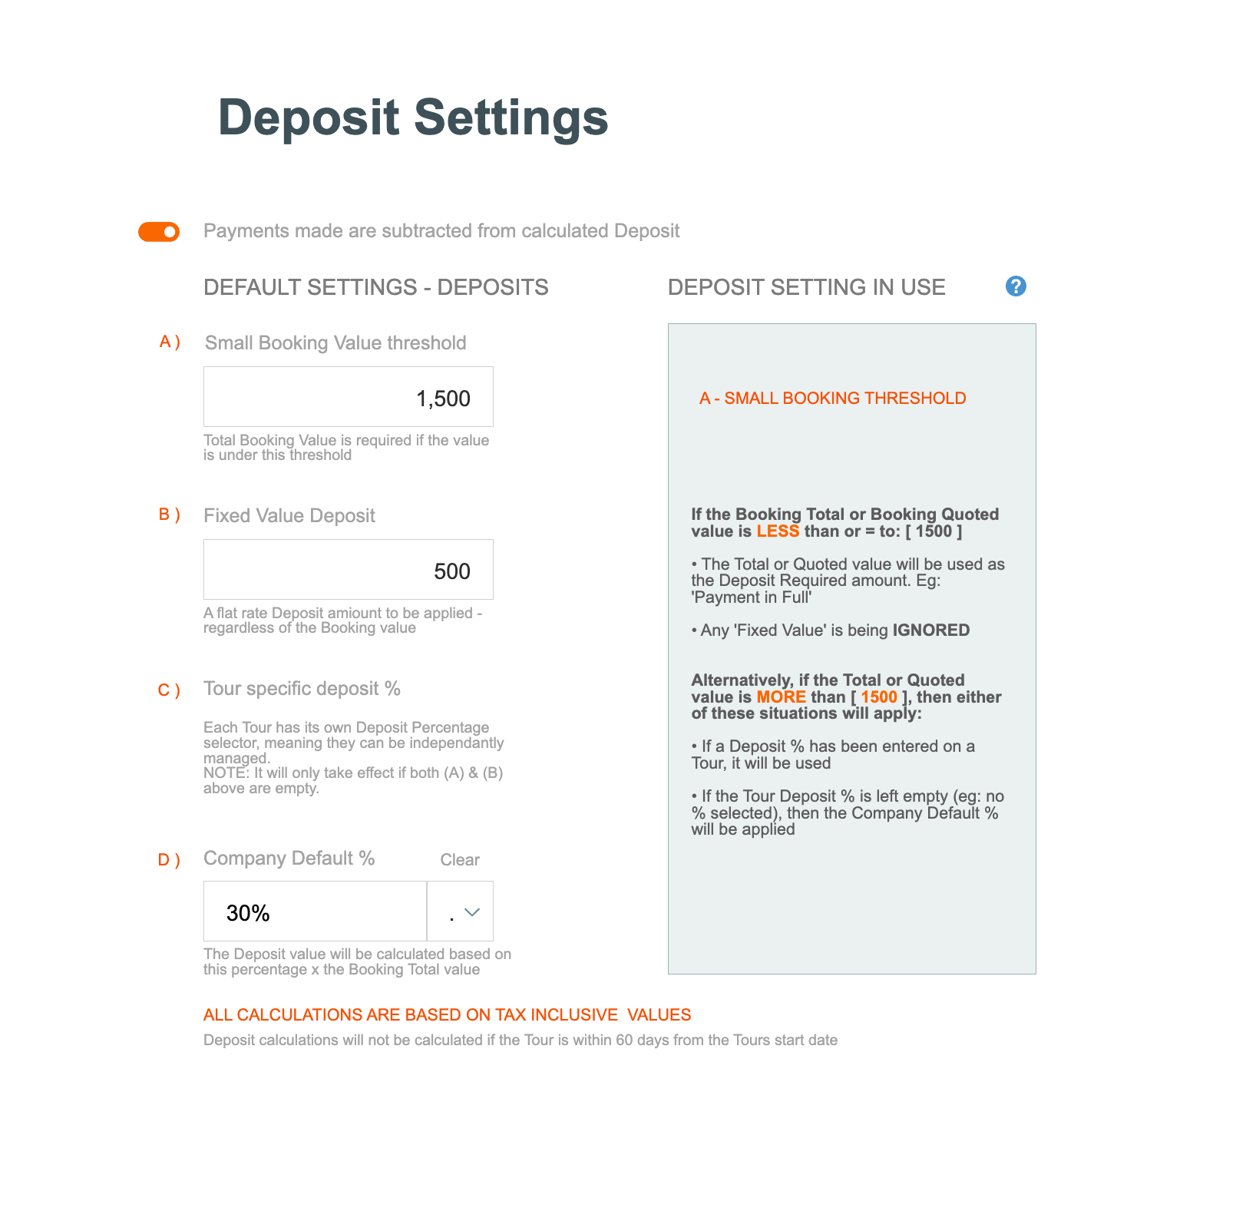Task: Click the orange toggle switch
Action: pyautogui.click(x=159, y=232)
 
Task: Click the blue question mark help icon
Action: pyautogui.click(x=1016, y=286)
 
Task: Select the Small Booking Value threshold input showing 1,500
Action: pyautogui.click(x=348, y=397)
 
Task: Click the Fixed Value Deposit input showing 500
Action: pyautogui.click(x=348, y=570)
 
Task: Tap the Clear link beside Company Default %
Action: pyautogui.click(x=459, y=860)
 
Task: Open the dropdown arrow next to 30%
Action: pyautogui.click(x=471, y=912)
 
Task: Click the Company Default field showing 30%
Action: pyautogui.click(x=315, y=912)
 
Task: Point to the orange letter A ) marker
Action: pyautogui.click(x=170, y=342)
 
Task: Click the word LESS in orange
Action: pyautogui.click(x=778, y=531)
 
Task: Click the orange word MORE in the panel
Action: pyautogui.click(x=781, y=697)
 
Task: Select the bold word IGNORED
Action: pyautogui.click(x=930, y=630)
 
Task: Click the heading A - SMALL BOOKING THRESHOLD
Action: pyautogui.click(x=832, y=399)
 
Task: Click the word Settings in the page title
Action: pyautogui.click(x=511, y=118)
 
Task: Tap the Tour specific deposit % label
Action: pyautogui.click(x=302, y=689)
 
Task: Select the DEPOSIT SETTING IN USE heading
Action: pyautogui.click(x=806, y=287)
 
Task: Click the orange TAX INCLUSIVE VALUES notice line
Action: pyautogui.click(x=447, y=1015)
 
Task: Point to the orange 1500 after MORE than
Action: pyautogui.click(x=879, y=697)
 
